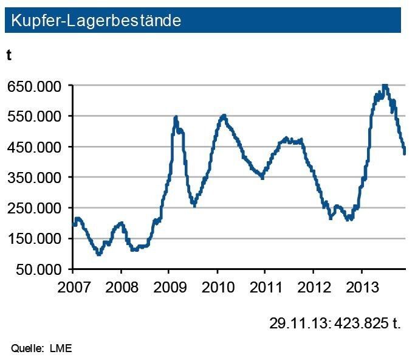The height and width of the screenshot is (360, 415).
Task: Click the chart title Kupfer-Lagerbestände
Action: coord(96,20)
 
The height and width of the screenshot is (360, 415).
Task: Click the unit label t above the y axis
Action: coord(9,55)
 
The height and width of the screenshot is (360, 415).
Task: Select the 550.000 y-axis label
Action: coord(35,116)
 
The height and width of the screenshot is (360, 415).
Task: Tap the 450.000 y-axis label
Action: coord(35,147)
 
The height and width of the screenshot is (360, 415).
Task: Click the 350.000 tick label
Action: coord(35,177)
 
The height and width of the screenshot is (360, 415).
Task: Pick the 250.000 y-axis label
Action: coord(35,207)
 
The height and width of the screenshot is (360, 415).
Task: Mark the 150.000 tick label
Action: coord(35,238)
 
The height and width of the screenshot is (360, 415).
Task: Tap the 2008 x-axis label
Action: coord(121,286)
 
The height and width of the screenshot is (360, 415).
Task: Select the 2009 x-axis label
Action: coord(169,286)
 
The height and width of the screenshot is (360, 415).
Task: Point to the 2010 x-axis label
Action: coord(217,286)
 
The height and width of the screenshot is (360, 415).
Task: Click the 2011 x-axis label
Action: coord(265,286)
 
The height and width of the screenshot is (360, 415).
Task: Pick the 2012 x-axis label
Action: coord(314,286)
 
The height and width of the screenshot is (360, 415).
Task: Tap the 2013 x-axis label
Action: coord(362,286)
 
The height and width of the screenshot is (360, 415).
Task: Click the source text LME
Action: coord(61,348)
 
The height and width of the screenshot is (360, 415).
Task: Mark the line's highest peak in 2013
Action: coord(385,86)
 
